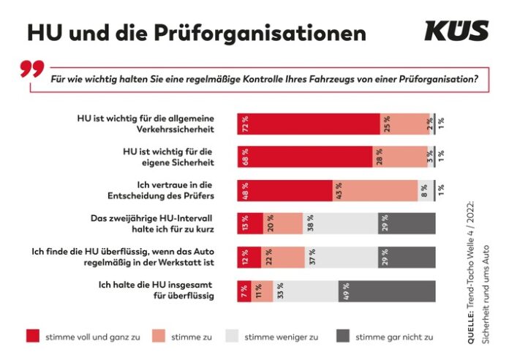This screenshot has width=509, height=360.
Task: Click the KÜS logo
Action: click(456, 31)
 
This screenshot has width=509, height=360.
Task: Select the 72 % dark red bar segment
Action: click(308, 124)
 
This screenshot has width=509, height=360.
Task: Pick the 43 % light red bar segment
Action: click(374, 190)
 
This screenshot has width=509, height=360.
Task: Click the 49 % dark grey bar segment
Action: click(387, 290)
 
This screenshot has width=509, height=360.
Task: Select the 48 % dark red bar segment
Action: click(284, 190)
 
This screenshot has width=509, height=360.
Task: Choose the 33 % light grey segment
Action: click(306, 290)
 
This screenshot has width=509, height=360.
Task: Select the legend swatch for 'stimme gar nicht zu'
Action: click(339, 337)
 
